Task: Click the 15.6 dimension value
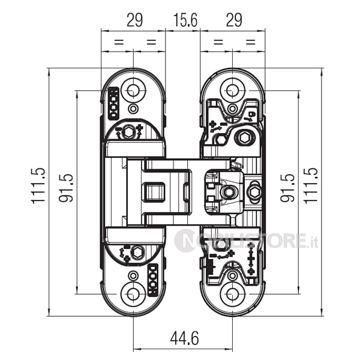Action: pyautogui.click(x=185, y=20)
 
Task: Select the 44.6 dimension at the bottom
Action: pyautogui.click(x=184, y=338)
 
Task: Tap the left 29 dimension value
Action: pyautogui.click(x=135, y=20)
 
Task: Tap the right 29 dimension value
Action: pyautogui.click(x=234, y=20)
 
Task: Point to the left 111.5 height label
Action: pyautogui.click(x=38, y=186)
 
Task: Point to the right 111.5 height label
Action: pyautogui.click(x=311, y=186)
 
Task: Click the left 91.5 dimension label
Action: pyautogui.click(x=66, y=188)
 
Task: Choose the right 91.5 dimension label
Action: pyautogui.click(x=287, y=188)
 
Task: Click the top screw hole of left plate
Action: pyautogui.click(x=133, y=90)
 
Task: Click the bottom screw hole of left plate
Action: pyautogui.click(x=133, y=294)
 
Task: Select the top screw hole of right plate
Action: pyautogui.click(x=233, y=90)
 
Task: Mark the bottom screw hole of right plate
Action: pyautogui.click(x=233, y=294)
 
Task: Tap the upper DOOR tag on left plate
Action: pyautogui.click(x=113, y=104)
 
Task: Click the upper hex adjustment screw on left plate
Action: pyautogui.click(x=128, y=133)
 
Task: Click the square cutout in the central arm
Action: pyautogui.click(x=155, y=191)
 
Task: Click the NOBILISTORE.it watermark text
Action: pyautogui.click(x=247, y=241)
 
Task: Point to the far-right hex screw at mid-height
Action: pyautogui.click(x=254, y=192)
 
